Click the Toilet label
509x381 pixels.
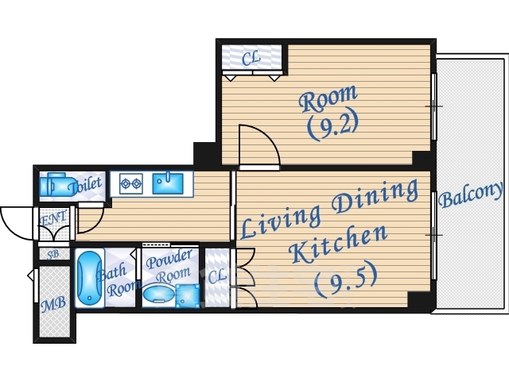[87, 185]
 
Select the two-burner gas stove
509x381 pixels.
[131, 183]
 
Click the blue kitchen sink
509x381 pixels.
[168, 183]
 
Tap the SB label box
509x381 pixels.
[53, 254]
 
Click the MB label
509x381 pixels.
[53, 304]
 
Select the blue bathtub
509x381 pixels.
[89, 277]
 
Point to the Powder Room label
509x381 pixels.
[169, 266]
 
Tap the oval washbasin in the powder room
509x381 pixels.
[159, 293]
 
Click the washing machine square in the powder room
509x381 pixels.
[188, 296]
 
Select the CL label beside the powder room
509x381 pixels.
[217, 277]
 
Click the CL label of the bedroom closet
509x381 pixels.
[251, 58]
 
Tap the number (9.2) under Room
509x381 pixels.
[332, 124]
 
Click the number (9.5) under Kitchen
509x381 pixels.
[345, 279]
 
